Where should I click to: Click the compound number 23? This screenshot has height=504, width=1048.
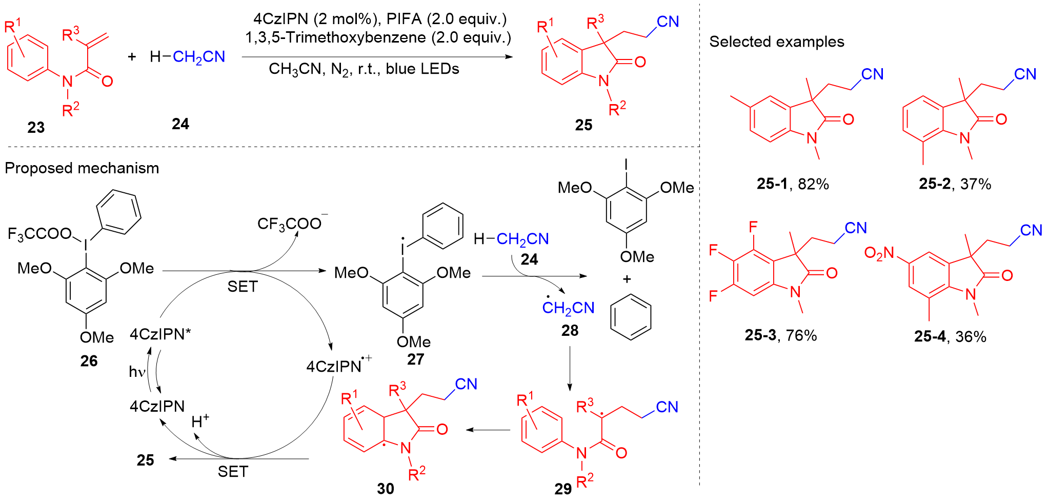coord(36,127)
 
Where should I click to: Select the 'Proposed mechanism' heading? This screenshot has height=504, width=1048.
coord(82,168)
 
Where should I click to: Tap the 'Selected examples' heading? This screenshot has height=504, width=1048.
coord(776,42)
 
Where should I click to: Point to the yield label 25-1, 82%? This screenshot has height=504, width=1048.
coord(793,184)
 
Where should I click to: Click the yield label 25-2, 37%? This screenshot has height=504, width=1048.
coord(955,184)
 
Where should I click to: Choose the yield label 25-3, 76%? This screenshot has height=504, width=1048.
coord(780,335)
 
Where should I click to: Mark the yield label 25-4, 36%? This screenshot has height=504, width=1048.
coord(950,336)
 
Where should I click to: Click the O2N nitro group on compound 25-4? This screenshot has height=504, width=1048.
coord(879,253)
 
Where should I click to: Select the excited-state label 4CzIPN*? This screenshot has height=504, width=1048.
coord(160,334)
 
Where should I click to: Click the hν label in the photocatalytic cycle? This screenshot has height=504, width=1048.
coord(137,372)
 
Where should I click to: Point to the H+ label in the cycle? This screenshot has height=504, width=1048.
coord(200,421)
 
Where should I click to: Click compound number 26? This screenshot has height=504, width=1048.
coord(89,361)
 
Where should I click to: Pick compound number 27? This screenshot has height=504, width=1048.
coord(415,359)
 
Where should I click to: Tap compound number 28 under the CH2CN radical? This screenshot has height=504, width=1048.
coord(570,331)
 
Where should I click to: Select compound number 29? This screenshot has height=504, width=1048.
coord(562,489)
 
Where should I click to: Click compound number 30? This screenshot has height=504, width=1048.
coord(386,489)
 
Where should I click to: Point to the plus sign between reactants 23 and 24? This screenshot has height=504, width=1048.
coord(132,56)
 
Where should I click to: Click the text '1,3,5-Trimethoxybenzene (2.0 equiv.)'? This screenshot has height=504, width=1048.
coord(378,37)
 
